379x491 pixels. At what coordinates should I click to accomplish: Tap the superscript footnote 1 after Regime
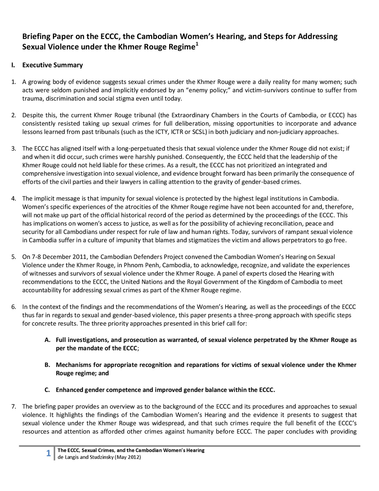[x=197, y=44]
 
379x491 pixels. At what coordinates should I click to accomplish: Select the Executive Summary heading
[x=53, y=65]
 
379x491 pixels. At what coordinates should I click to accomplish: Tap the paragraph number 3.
[x=14, y=148]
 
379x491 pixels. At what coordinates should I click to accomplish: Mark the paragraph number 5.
[x=14, y=257]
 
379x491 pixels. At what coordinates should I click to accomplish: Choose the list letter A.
[x=47, y=340]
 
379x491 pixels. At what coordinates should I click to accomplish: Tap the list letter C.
[x=47, y=390]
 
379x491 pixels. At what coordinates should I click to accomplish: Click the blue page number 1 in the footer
[x=48, y=454]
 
